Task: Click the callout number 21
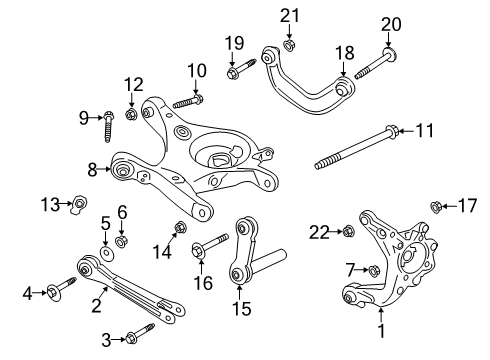290,14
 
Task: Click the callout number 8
92,170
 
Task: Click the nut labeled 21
289,44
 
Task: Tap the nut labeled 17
437,207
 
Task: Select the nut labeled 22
349,232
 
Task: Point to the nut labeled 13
77,206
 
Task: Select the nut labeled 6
121,240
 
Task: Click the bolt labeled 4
52,293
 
